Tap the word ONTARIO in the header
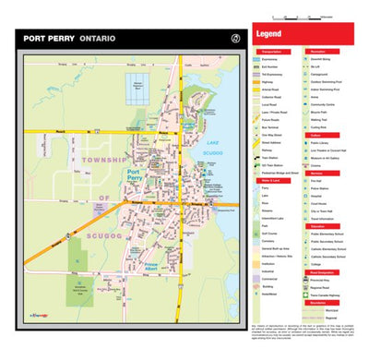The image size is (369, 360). [97, 39]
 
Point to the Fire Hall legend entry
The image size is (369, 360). [318, 181]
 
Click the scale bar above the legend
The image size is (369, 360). [302, 18]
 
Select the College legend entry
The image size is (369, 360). [317, 263]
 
